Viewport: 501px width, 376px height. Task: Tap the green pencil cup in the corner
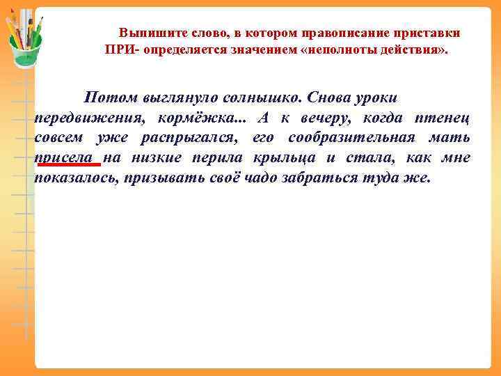25,43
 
